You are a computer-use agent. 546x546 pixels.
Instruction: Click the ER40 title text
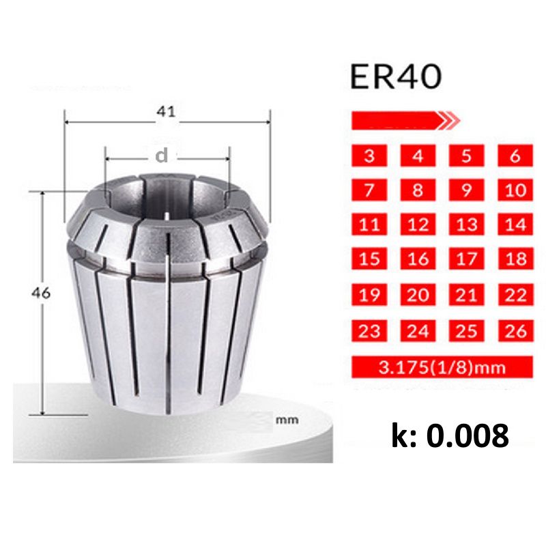pyautogui.click(x=396, y=78)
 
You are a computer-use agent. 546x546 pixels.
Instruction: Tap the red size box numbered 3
pyautogui.click(x=369, y=155)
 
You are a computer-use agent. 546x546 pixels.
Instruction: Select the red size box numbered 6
pyautogui.click(x=515, y=155)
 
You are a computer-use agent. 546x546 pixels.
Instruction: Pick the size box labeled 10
pyautogui.click(x=515, y=189)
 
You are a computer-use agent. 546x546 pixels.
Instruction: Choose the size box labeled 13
pyautogui.click(x=467, y=224)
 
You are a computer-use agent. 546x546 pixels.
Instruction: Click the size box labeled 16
pyautogui.click(x=418, y=259)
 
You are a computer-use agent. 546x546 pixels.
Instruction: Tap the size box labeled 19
pyautogui.click(x=369, y=294)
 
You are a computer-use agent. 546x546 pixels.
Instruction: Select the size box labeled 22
pyautogui.click(x=515, y=294)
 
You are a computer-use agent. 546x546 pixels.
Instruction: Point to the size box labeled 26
pyautogui.click(x=515, y=330)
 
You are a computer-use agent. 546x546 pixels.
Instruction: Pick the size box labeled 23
pyautogui.click(x=369, y=330)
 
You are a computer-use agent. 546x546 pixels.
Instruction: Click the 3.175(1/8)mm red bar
pyautogui.click(x=442, y=368)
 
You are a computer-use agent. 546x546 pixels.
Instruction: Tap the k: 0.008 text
pyautogui.click(x=450, y=435)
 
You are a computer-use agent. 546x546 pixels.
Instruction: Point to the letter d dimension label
pyautogui.click(x=161, y=156)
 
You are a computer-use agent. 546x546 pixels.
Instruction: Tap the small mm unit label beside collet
pyautogui.click(x=287, y=420)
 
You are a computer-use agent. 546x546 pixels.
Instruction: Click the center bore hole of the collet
pyautogui.click(x=167, y=198)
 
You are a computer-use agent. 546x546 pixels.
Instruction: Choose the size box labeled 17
pyautogui.click(x=467, y=259)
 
